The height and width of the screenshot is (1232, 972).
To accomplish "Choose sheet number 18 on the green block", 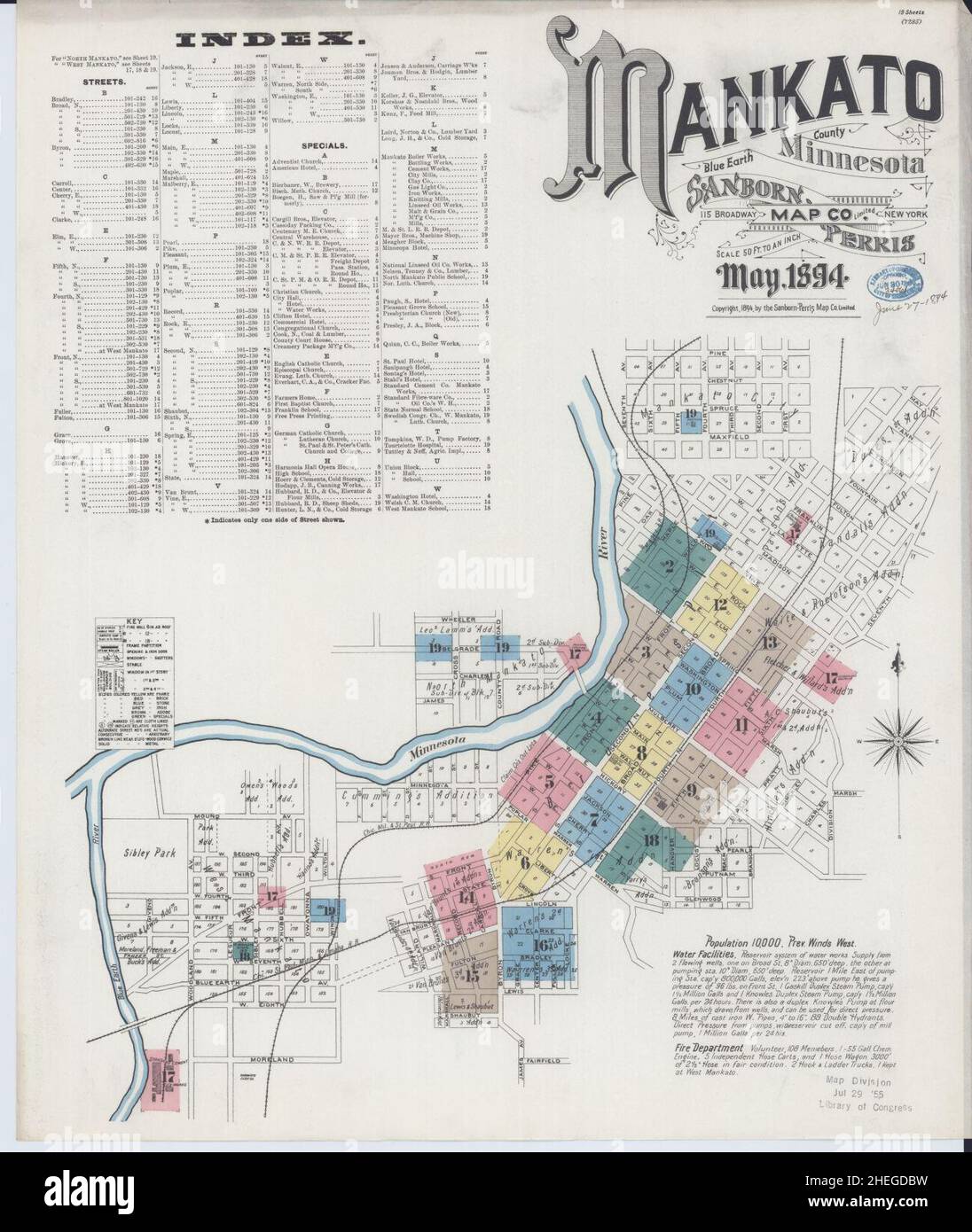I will pos(652,840).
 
